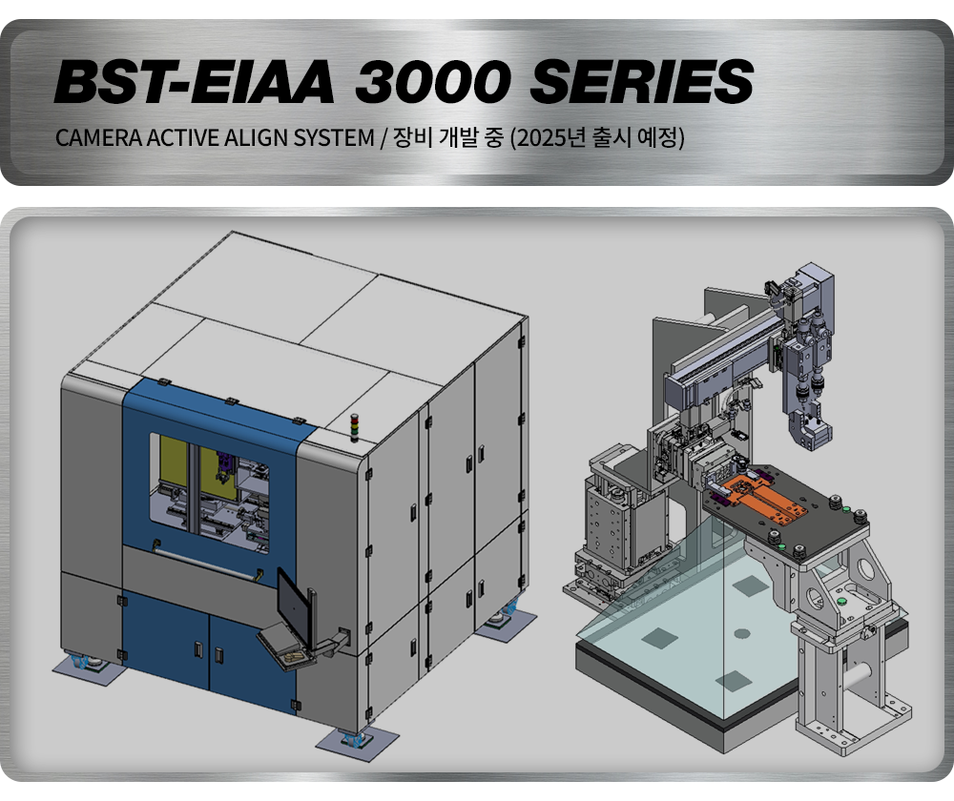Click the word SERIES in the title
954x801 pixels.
[642, 81]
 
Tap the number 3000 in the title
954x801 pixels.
[431, 81]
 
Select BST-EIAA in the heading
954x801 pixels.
[194, 81]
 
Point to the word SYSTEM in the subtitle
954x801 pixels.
[334, 138]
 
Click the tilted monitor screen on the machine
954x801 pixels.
[291, 602]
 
